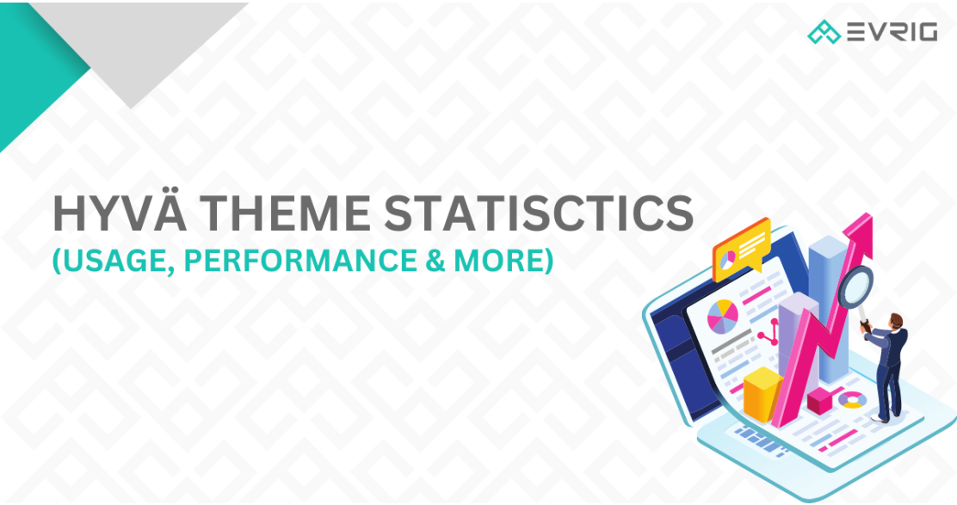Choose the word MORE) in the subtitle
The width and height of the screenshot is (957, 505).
click(x=512, y=260)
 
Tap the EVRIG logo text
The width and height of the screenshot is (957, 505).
click(x=890, y=33)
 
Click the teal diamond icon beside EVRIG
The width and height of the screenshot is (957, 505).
click(x=824, y=33)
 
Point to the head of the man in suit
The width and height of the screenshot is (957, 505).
click(x=897, y=321)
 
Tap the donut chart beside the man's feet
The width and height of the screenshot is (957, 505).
click(x=853, y=400)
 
